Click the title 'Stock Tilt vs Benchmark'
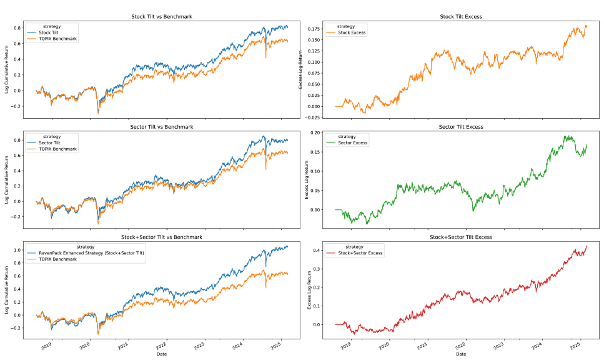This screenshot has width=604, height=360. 162,16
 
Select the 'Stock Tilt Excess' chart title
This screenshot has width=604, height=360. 460,16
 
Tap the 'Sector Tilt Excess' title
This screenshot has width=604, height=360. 460,127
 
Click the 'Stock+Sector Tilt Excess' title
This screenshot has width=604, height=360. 460,237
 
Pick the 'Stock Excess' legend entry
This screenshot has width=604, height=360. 354,33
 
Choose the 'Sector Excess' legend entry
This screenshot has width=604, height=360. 354,143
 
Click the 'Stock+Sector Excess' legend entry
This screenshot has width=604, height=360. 360,253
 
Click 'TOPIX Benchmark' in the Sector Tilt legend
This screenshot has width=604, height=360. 57,149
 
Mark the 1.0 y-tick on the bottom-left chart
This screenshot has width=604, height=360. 17,250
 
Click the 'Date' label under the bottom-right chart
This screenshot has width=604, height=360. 460,354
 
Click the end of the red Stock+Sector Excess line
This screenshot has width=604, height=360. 587,246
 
